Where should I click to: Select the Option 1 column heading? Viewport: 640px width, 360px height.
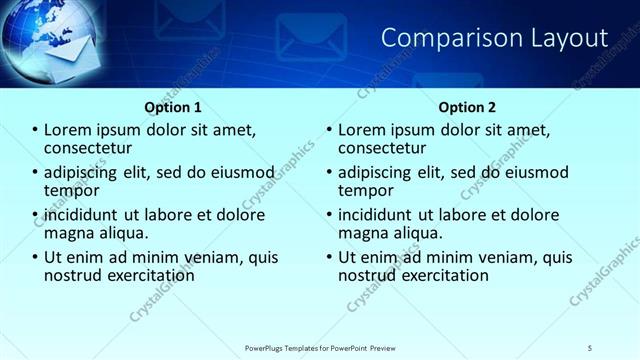tap(172, 107)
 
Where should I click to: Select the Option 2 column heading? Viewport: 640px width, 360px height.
tap(466, 107)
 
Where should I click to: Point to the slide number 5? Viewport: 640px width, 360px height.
tap(590, 347)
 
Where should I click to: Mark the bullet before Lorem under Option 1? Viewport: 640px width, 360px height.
tap(36, 130)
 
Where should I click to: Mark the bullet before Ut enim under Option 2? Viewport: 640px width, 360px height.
tap(329, 257)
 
